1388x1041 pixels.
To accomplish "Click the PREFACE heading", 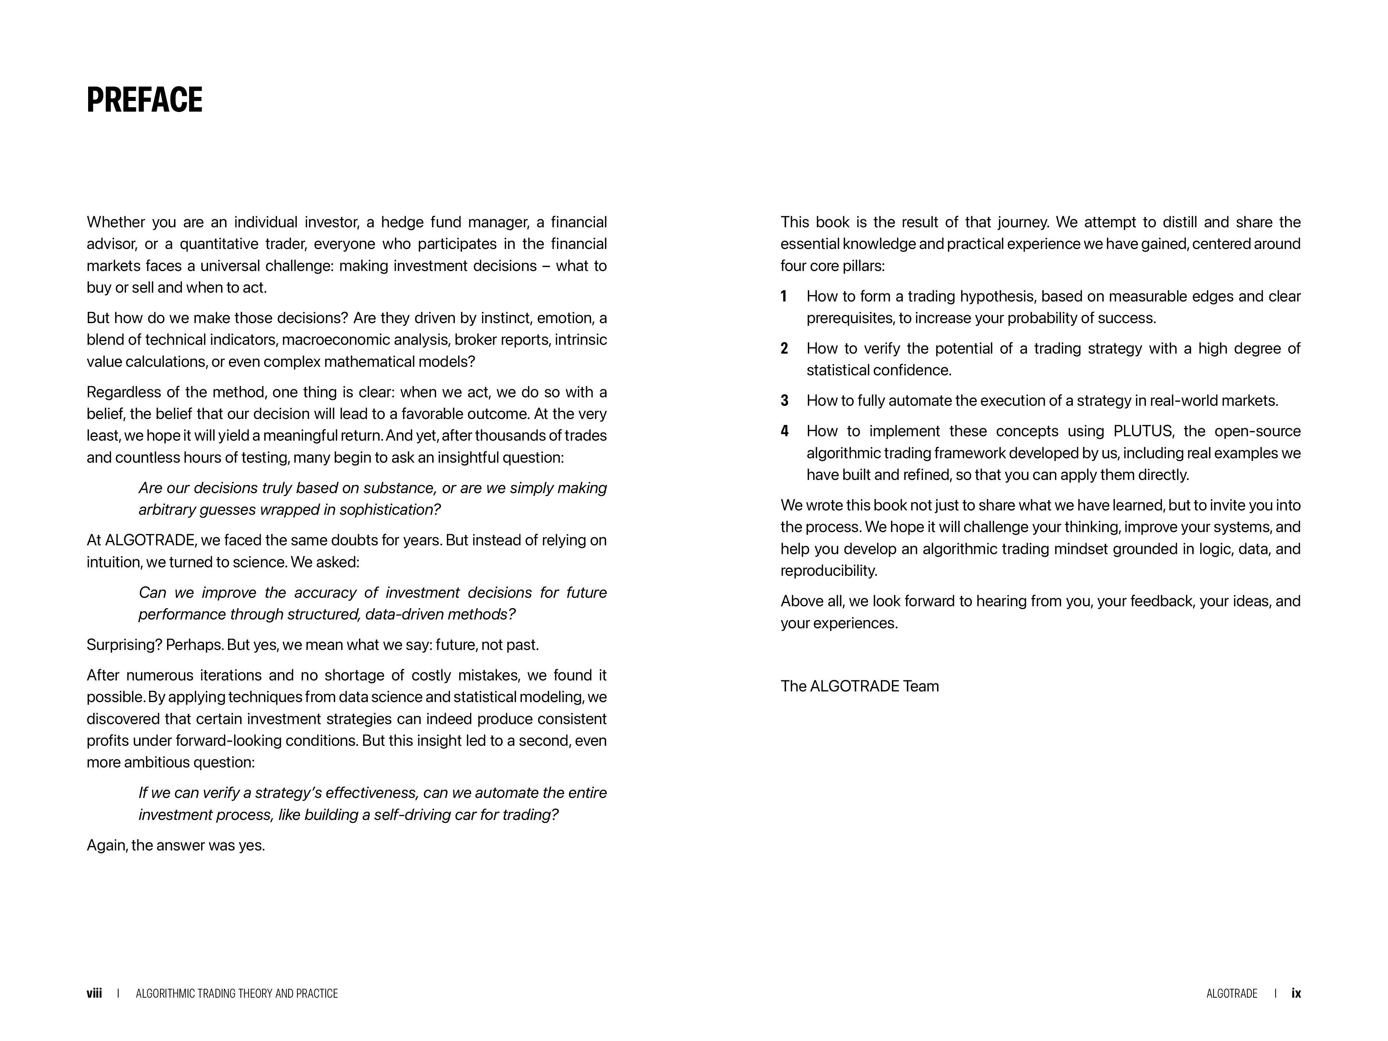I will tap(144, 100).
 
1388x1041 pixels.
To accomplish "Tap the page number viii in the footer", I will tap(94, 993).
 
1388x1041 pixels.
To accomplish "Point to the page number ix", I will tap(1296, 993).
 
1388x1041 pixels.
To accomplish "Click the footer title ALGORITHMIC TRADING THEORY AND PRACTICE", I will tap(236, 993).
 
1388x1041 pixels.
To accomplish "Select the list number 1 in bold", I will tap(784, 296).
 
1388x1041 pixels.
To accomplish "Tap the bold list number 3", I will tap(784, 400).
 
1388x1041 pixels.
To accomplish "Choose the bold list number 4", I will tap(784, 431).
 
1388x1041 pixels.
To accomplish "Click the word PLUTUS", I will tap(1142, 431).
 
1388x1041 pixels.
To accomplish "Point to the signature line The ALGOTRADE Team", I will tap(859, 686).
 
